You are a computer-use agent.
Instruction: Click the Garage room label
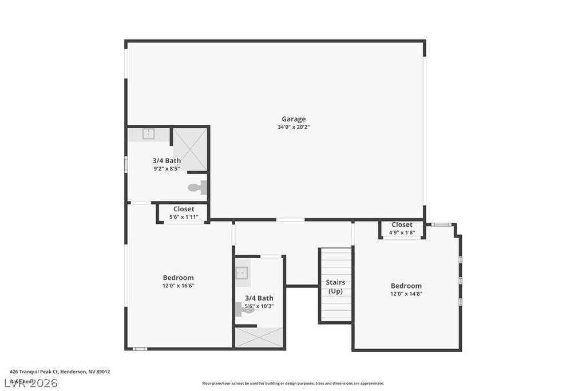[x=293, y=119]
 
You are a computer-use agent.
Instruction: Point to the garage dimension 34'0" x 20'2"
[x=293, y=127]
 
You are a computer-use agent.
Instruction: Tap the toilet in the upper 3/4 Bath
[x=196, y=187]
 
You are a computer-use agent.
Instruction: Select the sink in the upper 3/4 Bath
[x=149, y=135]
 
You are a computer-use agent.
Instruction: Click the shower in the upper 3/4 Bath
[x=189, y=149]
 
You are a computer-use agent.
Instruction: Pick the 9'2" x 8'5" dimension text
[x=167, y=168]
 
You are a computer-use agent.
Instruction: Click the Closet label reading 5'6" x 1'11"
[x=184, y=210]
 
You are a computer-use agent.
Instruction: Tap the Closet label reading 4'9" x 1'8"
[x=402, y=225]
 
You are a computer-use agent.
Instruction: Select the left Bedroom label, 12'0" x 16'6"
[x=178, y=278]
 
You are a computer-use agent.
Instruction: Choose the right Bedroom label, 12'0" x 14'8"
[x=406, y=286]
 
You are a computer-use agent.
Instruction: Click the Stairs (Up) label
[x=335, y=287]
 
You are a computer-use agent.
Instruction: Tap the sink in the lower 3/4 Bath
[x=242, y=274]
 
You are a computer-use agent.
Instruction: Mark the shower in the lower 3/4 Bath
[x=259, y=337]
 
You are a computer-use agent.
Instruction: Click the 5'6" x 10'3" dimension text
[x=259, y=306]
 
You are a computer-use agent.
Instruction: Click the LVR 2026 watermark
[x=31, y=382]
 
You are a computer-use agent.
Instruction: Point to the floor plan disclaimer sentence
[x=293, y=384]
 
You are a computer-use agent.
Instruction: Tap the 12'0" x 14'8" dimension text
[x=406, y=294]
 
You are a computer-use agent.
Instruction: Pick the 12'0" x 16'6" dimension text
[x=178, y=286]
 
